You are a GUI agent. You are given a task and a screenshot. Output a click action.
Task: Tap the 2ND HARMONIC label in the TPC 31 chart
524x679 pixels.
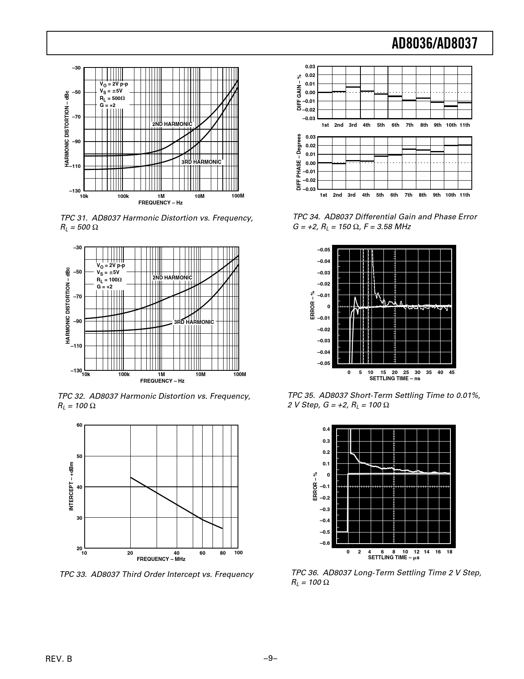pos(172,124)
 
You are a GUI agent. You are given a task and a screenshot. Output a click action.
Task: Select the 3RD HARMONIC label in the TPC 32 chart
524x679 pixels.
pos(194,322)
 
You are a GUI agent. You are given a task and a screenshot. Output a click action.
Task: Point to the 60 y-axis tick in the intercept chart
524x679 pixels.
pos(79,425)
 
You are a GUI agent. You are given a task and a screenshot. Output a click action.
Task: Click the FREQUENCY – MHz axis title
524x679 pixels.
pos(161,559)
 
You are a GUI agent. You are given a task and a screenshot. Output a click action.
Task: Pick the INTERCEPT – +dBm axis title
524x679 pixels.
pos(71,487)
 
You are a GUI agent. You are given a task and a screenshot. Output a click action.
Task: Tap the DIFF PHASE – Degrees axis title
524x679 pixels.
pos(299,162)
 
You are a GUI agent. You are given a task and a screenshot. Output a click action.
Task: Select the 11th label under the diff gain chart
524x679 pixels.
pos(464,125)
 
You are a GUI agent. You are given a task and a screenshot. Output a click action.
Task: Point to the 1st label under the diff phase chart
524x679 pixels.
pos(323,195)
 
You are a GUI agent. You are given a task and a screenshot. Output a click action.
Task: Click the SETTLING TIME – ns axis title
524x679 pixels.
pos(395,378)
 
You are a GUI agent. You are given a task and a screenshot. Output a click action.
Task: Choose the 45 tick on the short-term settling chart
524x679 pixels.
pos(452,372)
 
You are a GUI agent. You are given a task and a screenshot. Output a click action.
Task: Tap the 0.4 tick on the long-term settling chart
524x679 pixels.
pos(326,430)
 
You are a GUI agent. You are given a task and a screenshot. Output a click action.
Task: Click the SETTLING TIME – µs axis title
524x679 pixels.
pos(393,558)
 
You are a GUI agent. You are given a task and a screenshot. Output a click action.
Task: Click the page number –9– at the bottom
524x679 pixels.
pos(270,658)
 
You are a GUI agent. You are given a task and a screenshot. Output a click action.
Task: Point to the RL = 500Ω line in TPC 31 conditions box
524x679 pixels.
pos(112,99)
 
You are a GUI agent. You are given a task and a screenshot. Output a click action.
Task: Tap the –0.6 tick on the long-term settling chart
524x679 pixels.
pos(325,544)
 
